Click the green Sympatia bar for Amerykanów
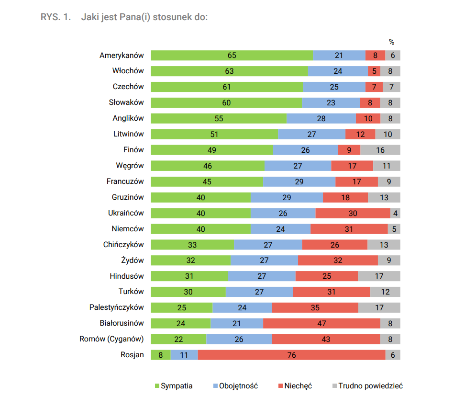click(x=232, y=56)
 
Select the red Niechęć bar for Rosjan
click(x=291, y=355)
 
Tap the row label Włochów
click(x=128, y=71)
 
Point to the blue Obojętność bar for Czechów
click(x=334, y=87)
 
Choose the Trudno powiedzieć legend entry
click(x=367, y=386)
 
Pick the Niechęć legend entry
click(x=295, y=386)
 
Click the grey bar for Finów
click(x=380, y=150)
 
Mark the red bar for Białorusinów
click(x=321, y=323)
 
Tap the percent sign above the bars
click(x=391, y=42)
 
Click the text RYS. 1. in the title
click(x=56, y=17)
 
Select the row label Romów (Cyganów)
click(x=111, y=339)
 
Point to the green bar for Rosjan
click(x=161, y=355)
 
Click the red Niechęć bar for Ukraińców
click(x=353, y=213)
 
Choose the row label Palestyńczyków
click(x=116, y=307)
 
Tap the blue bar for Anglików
click(x=321, y=118)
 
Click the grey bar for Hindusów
click(x=379, y=276)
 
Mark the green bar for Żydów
click(x=190, y=261)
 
